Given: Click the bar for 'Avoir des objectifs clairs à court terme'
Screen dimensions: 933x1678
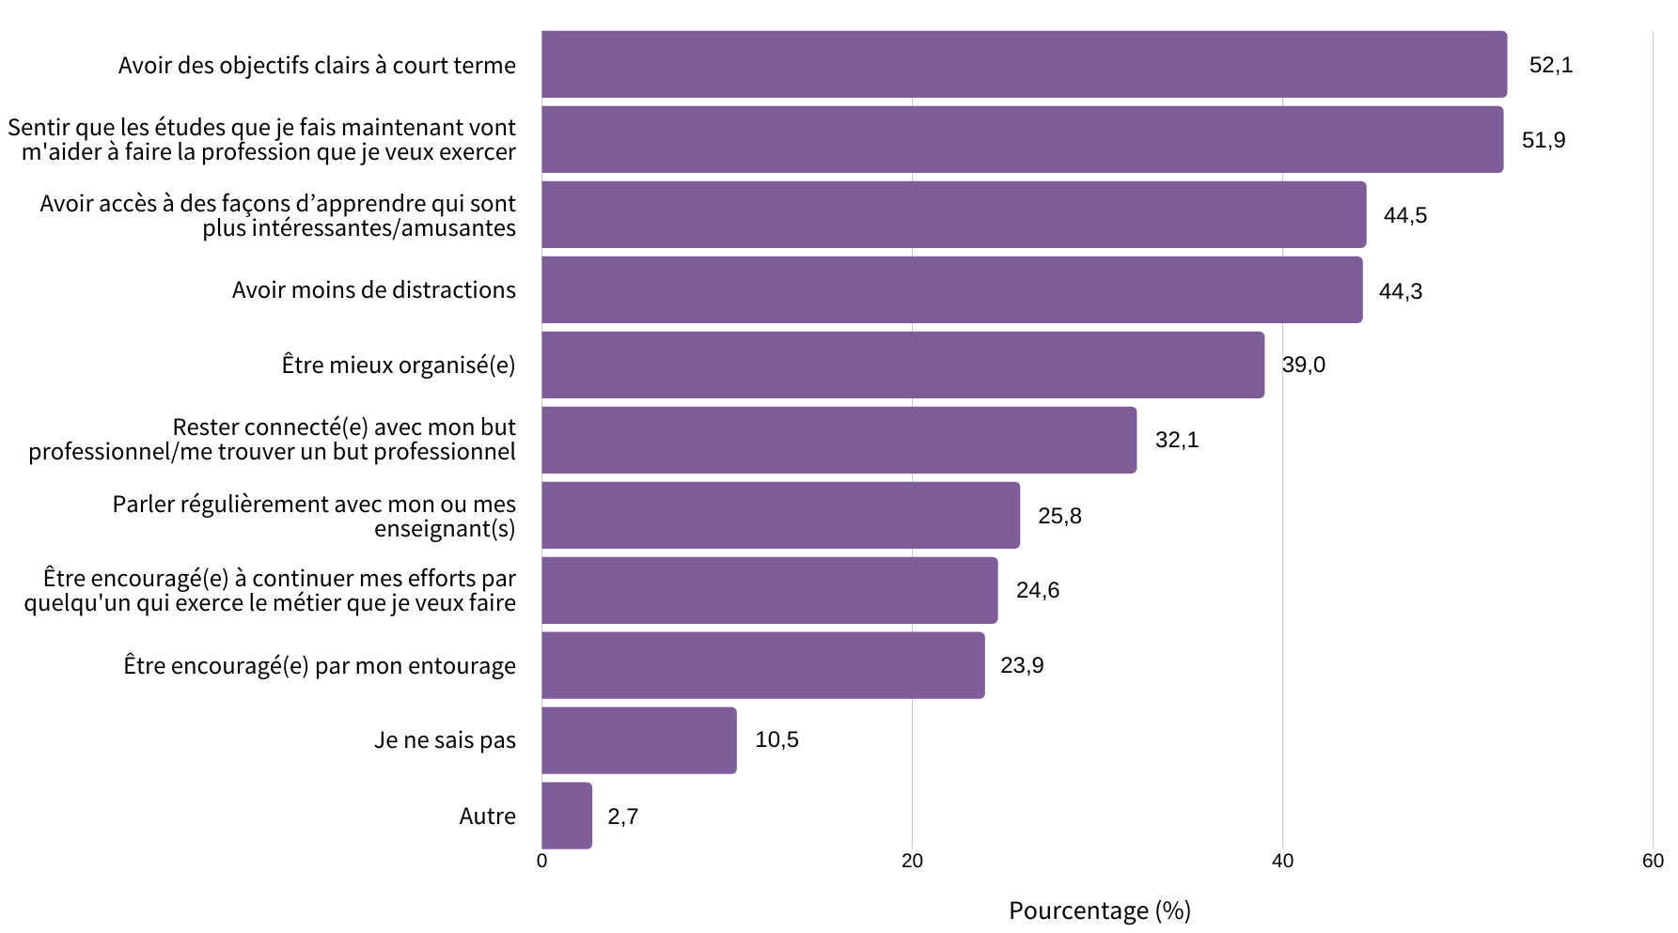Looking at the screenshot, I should (x=1024, y=64).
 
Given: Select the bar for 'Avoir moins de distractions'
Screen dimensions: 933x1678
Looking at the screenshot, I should (x=951, y=289).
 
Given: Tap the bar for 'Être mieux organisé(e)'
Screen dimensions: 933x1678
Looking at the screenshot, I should (x=902, y=365).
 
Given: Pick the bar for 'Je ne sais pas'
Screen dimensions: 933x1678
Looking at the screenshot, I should (x=639, y=740).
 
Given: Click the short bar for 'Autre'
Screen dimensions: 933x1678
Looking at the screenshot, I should (x=567, y=816).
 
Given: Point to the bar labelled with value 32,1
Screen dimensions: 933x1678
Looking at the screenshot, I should (x=839, y=440).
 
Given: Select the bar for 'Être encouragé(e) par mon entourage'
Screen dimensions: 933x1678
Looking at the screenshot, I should (x=762, y=665).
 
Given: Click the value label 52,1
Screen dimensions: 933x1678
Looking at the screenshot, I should (x=1550, y=65).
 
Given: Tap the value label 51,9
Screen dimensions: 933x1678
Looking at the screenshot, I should (x=1544, y=140).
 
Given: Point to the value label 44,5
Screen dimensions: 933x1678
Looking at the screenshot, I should (x=1404, y=215).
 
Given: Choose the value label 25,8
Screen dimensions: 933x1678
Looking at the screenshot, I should (x=1059, y=516).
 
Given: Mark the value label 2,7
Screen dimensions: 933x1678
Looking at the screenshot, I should (x=622, y=816).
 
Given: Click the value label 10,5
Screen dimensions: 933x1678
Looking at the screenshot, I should (x=776, y=739).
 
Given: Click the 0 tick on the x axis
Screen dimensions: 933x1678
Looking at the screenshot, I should (x=541, y=862).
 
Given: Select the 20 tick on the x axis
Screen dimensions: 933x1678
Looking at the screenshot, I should (x=912, y=862).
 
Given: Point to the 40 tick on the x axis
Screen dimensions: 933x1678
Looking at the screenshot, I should (x=1282, y=862).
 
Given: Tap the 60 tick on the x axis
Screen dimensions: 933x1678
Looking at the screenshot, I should (x=1653, y=862).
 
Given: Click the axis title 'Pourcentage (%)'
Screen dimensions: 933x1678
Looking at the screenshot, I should (x=1099, y=910).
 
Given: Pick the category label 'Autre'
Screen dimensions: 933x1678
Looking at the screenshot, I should (x=487, y=816).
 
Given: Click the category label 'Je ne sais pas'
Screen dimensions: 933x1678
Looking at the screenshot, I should (x=445, y=740).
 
